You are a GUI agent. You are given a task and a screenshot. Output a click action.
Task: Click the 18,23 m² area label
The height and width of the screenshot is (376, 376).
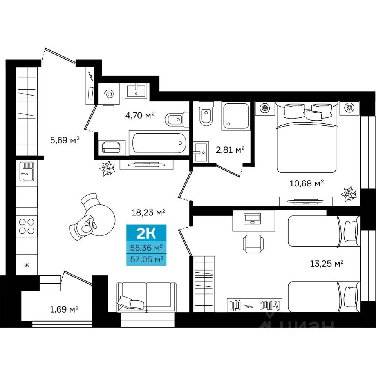point(148,212)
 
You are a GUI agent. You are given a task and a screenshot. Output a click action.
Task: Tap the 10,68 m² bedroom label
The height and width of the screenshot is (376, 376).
point(307,183)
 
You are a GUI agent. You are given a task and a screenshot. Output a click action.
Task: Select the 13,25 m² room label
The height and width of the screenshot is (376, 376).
point(327,264)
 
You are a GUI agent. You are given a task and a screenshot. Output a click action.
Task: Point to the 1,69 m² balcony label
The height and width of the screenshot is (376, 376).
point(64,309)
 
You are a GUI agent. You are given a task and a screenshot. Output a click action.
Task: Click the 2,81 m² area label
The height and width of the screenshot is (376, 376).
point(230,150)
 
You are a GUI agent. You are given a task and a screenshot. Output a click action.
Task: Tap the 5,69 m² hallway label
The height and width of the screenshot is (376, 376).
point(65,140)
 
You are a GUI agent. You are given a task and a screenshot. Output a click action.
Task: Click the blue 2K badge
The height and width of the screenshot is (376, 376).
point(146,233)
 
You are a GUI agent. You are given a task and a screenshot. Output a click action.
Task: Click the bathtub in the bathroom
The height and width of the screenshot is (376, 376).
point(159,143)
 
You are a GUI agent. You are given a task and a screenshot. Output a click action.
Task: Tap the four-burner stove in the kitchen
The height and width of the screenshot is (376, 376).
point(27,226)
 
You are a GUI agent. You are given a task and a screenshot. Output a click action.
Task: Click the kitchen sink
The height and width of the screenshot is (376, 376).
point(27,171)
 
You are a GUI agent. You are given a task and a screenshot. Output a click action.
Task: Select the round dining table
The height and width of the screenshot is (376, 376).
point(101,220)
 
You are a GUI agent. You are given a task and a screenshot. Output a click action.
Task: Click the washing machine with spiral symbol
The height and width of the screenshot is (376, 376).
point(109,94)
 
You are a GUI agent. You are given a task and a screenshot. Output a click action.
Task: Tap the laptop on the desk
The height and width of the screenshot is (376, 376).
point(252,219)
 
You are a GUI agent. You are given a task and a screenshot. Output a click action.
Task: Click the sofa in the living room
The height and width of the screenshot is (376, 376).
point(147,297)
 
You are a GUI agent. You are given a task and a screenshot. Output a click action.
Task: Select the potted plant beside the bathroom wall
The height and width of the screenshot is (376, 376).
point(107,168)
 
